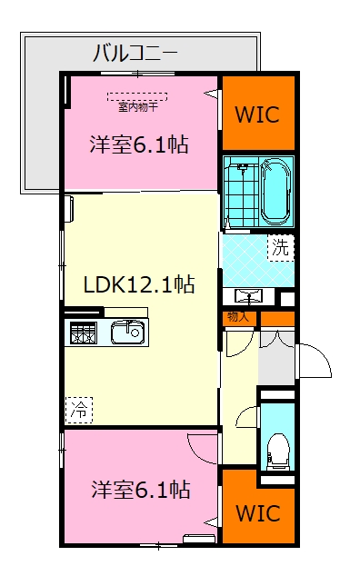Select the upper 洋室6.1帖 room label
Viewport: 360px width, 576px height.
(x=138, y=144)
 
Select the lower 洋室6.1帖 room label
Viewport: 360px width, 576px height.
(x=139, y=490)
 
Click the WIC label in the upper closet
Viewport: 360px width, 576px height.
(x=258, y=114)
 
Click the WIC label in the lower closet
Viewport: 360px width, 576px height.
(x=258, y=512)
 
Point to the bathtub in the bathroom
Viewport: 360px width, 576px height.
(x=274, y=190)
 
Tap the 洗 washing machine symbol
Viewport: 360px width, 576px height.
(x=281, y=247)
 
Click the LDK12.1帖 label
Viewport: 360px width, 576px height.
(x=138, y=283)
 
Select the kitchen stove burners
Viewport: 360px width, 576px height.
(x=81, y=333)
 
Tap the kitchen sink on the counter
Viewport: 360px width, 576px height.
(x=127, y=333)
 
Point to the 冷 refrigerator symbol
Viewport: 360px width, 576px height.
(x=78, y=410)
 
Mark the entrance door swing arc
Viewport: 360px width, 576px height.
(x=315, y=364)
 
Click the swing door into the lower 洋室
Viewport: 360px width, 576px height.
(x=204, y=447)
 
